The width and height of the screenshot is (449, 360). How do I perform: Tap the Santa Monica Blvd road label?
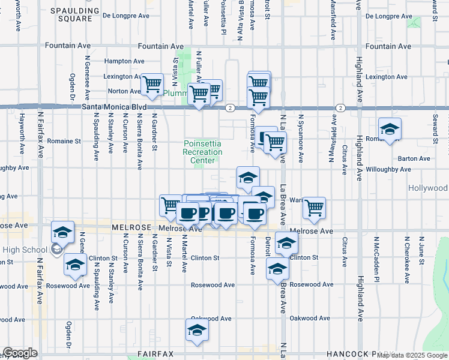pyautogui.click(x=114, y=107)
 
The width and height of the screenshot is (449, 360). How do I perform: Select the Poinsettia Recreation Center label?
pyautogui.click(x=203, y=152)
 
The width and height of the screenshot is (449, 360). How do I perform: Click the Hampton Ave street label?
pyautogui.click(x=124, y=61)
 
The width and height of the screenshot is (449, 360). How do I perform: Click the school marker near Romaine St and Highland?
pyautogui.click(x=390, y=130)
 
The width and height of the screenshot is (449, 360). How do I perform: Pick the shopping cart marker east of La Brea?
pyautogui.click(x=314, y=208)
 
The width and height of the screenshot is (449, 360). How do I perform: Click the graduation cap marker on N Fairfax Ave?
pyautogui.click(x=62, y=233)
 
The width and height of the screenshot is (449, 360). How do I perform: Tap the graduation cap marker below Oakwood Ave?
pyautogui.click(x=197, y=331)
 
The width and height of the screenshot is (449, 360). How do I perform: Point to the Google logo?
pyautogui.click(x=20, y=353)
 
